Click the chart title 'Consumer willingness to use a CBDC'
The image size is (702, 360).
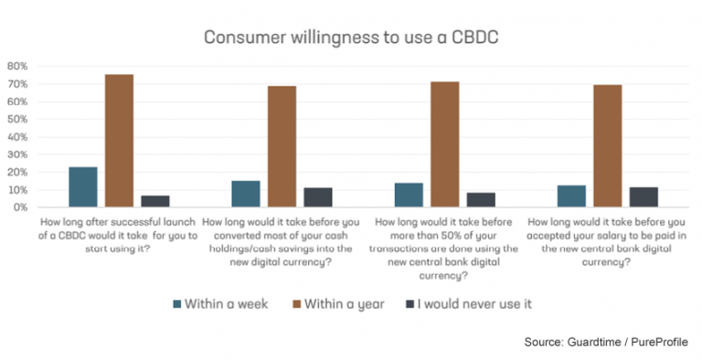point(350,37)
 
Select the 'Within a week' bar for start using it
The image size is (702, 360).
point(83,187)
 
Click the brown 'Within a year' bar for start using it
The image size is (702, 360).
point(119,141)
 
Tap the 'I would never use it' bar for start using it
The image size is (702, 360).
point(154,201)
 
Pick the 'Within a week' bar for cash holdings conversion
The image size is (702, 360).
point(246,194)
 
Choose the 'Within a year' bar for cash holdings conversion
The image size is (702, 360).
point(282,146)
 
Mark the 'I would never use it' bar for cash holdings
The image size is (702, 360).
point(317,197)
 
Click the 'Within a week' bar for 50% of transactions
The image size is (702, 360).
point(409,195)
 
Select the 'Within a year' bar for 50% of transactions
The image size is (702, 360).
point(444,144)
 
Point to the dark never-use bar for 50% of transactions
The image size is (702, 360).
point(480,200)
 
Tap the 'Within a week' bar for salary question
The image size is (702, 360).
point(571,196)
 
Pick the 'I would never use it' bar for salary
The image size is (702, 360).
point(643,197)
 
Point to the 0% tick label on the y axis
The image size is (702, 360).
point(18,207)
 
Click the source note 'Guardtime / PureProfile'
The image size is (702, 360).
point(630,341)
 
